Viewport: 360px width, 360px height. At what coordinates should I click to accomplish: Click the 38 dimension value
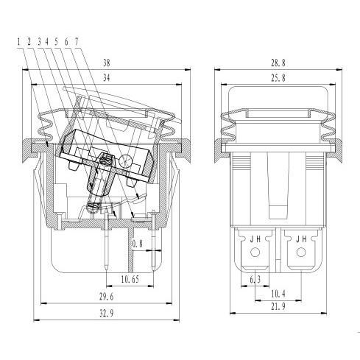(x=107, y=63)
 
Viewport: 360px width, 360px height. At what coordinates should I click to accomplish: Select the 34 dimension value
(x=107, y=78)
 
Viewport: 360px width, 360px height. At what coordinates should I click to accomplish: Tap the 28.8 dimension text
(x=278, y=63)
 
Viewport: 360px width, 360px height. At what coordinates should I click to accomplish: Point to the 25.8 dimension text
(x=278, y=78)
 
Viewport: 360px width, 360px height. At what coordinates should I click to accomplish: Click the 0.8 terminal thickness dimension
(x=138, y=244)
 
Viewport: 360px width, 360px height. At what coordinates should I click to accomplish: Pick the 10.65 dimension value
(x=130, y=279)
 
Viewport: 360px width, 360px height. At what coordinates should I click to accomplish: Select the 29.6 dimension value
(x=107, y=297)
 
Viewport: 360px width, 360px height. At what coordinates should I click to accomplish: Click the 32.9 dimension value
(x=107, y=313)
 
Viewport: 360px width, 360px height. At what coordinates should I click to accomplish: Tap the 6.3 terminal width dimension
(x=255, y=279)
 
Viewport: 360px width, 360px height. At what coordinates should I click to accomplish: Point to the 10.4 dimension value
(x=278, y=294)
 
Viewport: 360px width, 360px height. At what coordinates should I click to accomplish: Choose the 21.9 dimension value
(x=278, y=306)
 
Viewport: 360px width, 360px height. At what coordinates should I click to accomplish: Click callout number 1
(x=18, y=42)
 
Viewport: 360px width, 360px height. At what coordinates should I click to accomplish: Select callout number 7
(x=77, y=42)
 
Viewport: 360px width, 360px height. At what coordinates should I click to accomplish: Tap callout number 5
(x=56, y=42)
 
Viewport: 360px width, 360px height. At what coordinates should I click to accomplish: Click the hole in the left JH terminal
(x=255, y=252)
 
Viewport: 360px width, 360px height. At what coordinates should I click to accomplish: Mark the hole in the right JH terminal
(x=301, y=252)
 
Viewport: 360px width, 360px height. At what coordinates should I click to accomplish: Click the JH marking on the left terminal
(x=255, y=239)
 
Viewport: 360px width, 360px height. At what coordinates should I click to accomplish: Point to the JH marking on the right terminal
(x=301, y=239)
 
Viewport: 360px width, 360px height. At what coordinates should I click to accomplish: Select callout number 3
(x=39, y=42)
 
